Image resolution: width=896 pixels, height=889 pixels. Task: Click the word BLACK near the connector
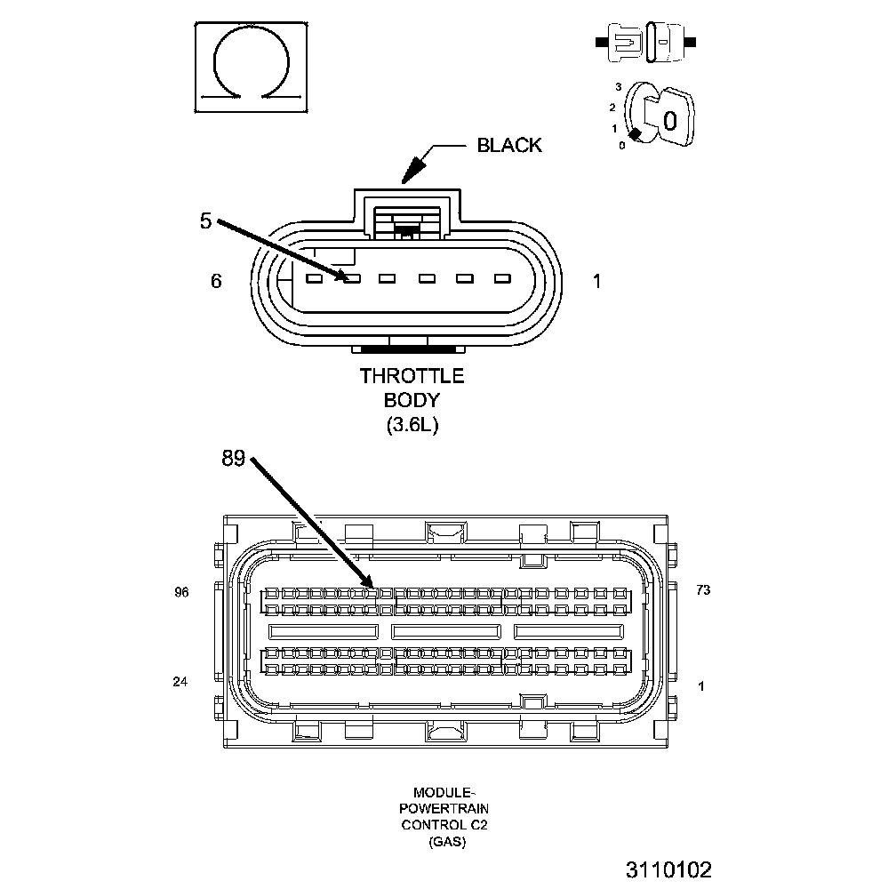508,145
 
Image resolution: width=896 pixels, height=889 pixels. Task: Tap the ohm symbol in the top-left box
252,67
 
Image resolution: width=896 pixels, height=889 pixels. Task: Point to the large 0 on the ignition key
670,120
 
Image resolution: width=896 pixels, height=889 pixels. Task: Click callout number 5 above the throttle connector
205,220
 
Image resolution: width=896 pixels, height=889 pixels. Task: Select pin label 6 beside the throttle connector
216,281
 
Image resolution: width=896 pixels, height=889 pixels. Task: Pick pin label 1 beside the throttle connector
597,281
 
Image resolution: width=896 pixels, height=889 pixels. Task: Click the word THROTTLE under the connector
412,376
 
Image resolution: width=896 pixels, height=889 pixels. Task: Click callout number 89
234,458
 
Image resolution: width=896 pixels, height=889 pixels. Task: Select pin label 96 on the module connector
181,592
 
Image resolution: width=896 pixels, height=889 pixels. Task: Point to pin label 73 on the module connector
703,589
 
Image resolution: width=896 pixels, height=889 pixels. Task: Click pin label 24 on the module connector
181,683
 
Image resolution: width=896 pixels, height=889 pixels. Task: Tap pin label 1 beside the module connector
701,685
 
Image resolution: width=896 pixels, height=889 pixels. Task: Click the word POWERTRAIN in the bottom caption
444,808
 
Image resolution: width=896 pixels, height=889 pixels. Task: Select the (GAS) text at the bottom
444,840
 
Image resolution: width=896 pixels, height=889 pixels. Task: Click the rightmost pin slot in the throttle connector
501,279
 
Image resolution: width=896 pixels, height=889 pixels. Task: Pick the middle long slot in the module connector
446,631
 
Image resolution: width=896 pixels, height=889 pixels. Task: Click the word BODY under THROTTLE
412,400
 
